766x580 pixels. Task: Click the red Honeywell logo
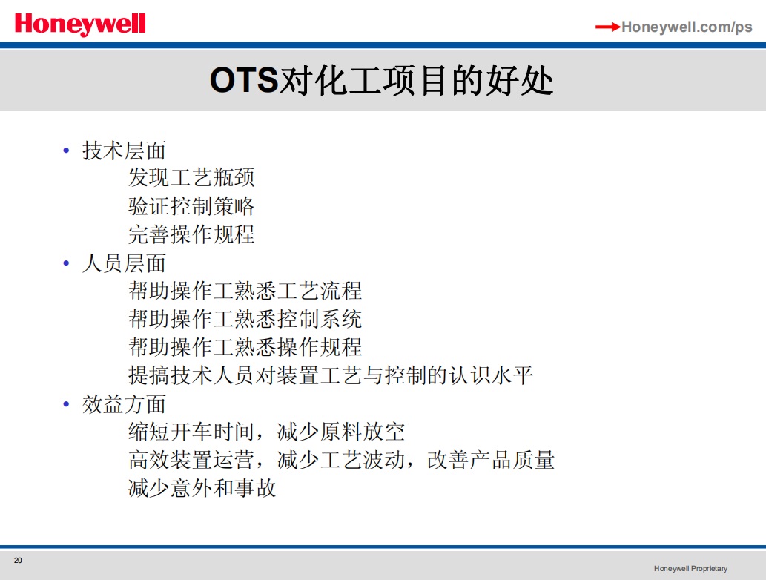80,24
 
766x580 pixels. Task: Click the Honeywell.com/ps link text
687,27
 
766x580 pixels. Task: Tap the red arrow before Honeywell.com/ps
608,27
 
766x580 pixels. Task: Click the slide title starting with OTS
382,81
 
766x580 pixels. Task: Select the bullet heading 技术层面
124,151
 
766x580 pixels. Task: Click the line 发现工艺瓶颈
191,177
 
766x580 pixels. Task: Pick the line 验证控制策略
191,205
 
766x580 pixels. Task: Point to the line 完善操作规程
191,234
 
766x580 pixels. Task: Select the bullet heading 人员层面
124,263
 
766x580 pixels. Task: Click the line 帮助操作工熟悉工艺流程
245,291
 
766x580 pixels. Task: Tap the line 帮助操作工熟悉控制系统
245,319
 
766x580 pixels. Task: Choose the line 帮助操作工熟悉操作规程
245,347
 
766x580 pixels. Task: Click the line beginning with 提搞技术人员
330,375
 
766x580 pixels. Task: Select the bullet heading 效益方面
124,404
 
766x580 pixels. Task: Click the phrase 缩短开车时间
191,432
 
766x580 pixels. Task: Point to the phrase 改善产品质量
491,460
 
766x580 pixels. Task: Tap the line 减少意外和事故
202,488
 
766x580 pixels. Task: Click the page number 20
18,561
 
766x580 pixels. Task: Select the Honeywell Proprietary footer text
691,568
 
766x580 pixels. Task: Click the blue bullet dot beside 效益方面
67,404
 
